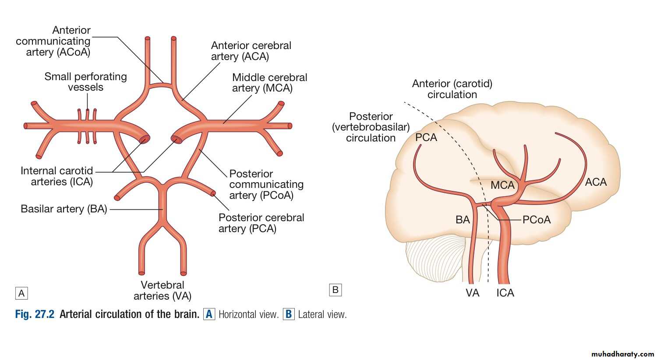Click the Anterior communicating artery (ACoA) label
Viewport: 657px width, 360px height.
(53, 41)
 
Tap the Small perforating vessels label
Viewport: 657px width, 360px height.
(85, 82)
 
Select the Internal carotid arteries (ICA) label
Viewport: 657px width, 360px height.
(57, 176)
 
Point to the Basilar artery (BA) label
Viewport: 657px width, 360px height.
(64, 209)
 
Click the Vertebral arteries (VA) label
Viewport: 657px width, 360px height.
(162, 290)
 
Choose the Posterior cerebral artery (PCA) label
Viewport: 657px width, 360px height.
(261, 223)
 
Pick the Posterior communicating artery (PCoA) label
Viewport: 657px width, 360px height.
(266, 184)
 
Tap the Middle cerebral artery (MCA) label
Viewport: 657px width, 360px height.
(269, 83)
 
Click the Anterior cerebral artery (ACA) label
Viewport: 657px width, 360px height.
(251, 51)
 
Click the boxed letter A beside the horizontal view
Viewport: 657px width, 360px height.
(21, 293)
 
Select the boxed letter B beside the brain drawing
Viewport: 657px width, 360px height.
(335, 289)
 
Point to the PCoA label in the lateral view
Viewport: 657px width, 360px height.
(537, 219)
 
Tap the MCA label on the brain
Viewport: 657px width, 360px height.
(502, 185)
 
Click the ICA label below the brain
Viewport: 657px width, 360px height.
(505, 293)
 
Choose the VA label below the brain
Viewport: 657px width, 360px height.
(472, 293)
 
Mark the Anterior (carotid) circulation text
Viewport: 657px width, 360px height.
(452, 89)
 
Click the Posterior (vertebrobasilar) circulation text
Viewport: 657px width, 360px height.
(371, 127)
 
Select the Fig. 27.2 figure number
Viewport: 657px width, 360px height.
(35, 314)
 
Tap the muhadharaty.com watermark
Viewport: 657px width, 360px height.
(622, 353)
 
